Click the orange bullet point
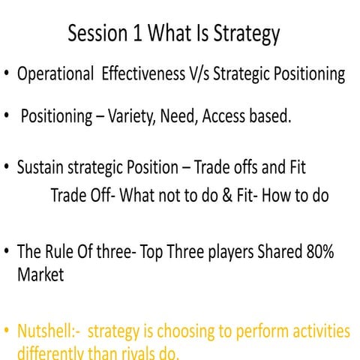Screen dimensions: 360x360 (7, 331)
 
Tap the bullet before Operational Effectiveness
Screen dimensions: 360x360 (7, 75)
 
